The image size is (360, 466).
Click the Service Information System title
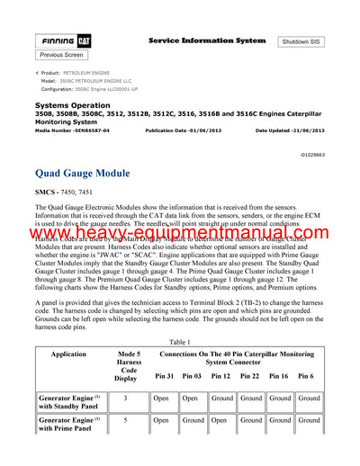click(x=206, y=41)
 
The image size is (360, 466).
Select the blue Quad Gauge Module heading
click(x=82, y=173)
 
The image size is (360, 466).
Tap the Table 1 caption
click(x=180, y=343)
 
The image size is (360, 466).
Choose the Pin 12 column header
click(x=220, y=375)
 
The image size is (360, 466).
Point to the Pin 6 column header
click(x=306, y=375)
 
